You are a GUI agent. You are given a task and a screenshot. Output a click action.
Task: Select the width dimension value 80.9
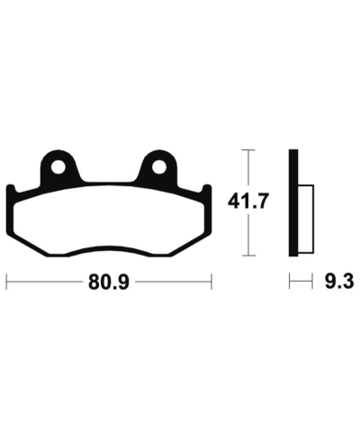click(x=107, y=282)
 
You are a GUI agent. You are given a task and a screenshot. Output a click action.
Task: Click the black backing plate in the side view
click(x=293, y=202)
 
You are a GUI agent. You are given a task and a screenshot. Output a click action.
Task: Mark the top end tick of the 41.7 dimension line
click(x=249, y=149)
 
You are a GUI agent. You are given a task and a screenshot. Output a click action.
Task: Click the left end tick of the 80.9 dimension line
click(x=7, y=282)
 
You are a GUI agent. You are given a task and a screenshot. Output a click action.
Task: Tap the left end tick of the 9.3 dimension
click(x=290, y=282)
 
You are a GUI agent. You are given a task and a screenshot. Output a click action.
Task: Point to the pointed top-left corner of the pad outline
click(x=9, y=186)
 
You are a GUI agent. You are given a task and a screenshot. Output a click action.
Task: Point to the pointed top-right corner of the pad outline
click(x=208, y=186)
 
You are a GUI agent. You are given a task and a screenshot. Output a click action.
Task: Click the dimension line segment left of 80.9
click(x=45, y=282)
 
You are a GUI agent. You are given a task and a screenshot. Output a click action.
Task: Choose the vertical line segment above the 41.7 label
click(x=249, y=168)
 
